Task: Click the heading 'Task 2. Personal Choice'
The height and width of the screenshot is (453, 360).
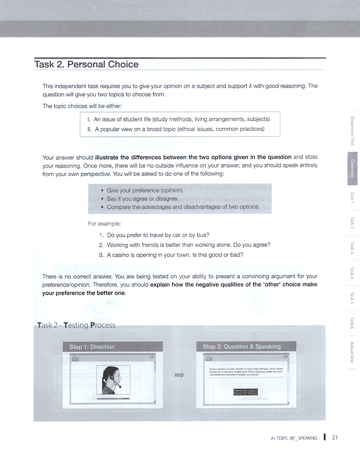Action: click(86, 64)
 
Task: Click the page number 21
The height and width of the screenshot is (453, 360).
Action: click(335, 437)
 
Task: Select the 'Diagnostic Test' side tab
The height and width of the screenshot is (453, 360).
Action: click(353, 131)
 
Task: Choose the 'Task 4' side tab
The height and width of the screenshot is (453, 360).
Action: click(353, 273)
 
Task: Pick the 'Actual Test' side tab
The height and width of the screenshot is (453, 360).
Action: click(353, 352)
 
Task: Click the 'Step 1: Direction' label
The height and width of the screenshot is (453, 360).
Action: click(92, 347)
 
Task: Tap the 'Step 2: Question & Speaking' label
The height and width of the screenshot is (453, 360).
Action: click(242, 346)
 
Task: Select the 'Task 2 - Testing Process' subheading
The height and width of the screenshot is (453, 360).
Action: click(77, 325)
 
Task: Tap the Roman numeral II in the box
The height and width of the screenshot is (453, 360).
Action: click(90, 129)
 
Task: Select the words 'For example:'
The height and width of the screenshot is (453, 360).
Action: click(104, 224)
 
